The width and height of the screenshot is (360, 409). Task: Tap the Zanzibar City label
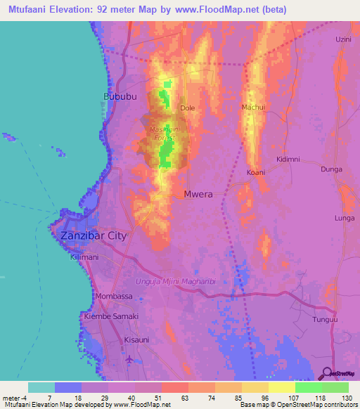pyautogui.click(x=94, y=235)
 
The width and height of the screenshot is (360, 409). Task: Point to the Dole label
pyautogui.click(x=187, y=108)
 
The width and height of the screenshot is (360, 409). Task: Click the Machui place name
pyautogui.click(x=253, y=107)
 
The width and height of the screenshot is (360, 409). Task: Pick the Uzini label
pyautogui.click(x=343, y=39)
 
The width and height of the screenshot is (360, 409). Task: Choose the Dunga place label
pyautogui.click(x=331, y=169)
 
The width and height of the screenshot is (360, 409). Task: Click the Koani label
pyautogui.click(x=256, y=172)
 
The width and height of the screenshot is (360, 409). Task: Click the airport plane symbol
pyautogui.click(x=129, y=360)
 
